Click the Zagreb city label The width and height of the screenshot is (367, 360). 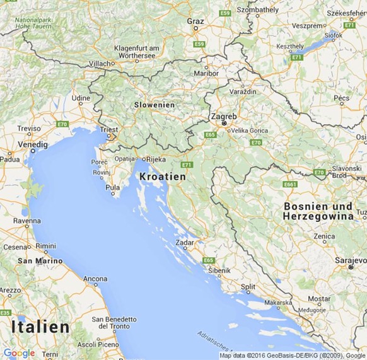coord(224,117)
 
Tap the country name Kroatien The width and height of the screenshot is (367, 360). coord(163,177)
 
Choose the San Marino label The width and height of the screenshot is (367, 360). coord(40,260)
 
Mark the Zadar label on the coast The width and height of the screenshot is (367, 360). coord(185,242)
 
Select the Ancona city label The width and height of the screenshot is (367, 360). coord(95,278)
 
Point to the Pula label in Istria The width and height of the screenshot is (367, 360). coord(113,187)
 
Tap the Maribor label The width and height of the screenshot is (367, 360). coord(206,73)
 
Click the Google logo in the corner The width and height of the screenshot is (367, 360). coord(19,353)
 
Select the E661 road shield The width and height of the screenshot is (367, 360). coord(290,184)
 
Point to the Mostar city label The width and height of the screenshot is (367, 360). coord(319,298)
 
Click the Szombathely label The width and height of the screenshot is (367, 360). coord(257,10)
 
